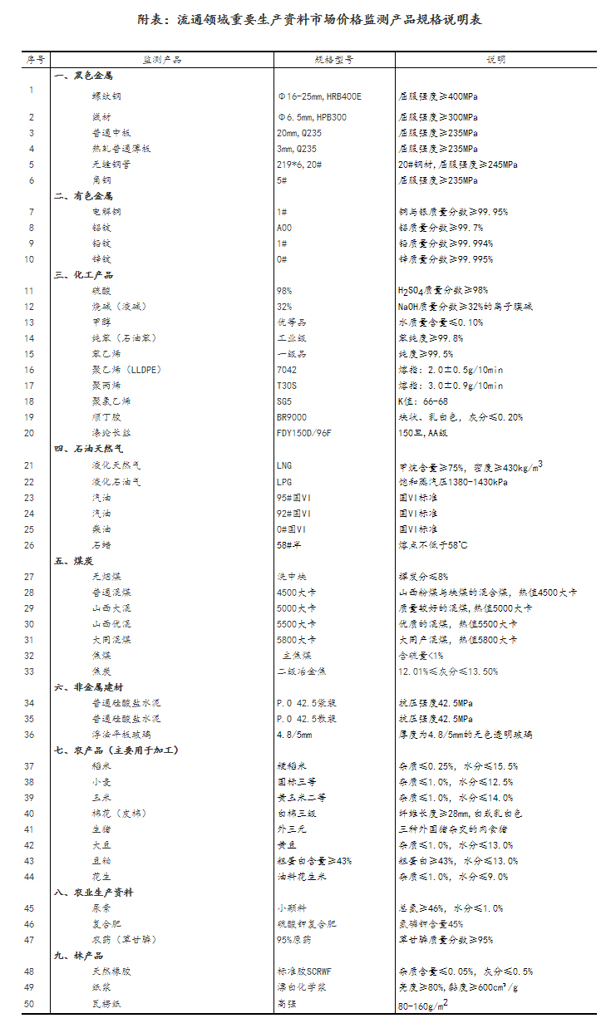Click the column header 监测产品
pyautogui.click(x=161, y=60)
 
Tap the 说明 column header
pyautogui.click(x=496, y=60)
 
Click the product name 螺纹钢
pyautogui.click(x=106, y=96)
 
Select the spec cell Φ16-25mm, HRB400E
pyautogui.click(x=319, y=96)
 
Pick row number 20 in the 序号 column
pyautogui.click(x=30, y=433)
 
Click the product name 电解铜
pyautogui.click(x=106, y=212)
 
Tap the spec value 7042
pyautogui.click(x=286, y=370)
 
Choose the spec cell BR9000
pyautogui.click(x=291, y=417)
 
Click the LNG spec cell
pyautogui.click(x=284, y=465)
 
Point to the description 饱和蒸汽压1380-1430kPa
pyautogui.click(x=453, y=481)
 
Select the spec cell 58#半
pyautogui.click(x=288, y=545)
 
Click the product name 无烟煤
pyautogui.click(x=106, y=577)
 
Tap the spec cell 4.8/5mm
pyautogui.click(x=294, y=735)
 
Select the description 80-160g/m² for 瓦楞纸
pyautogui.click(x=423, y=1004)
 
